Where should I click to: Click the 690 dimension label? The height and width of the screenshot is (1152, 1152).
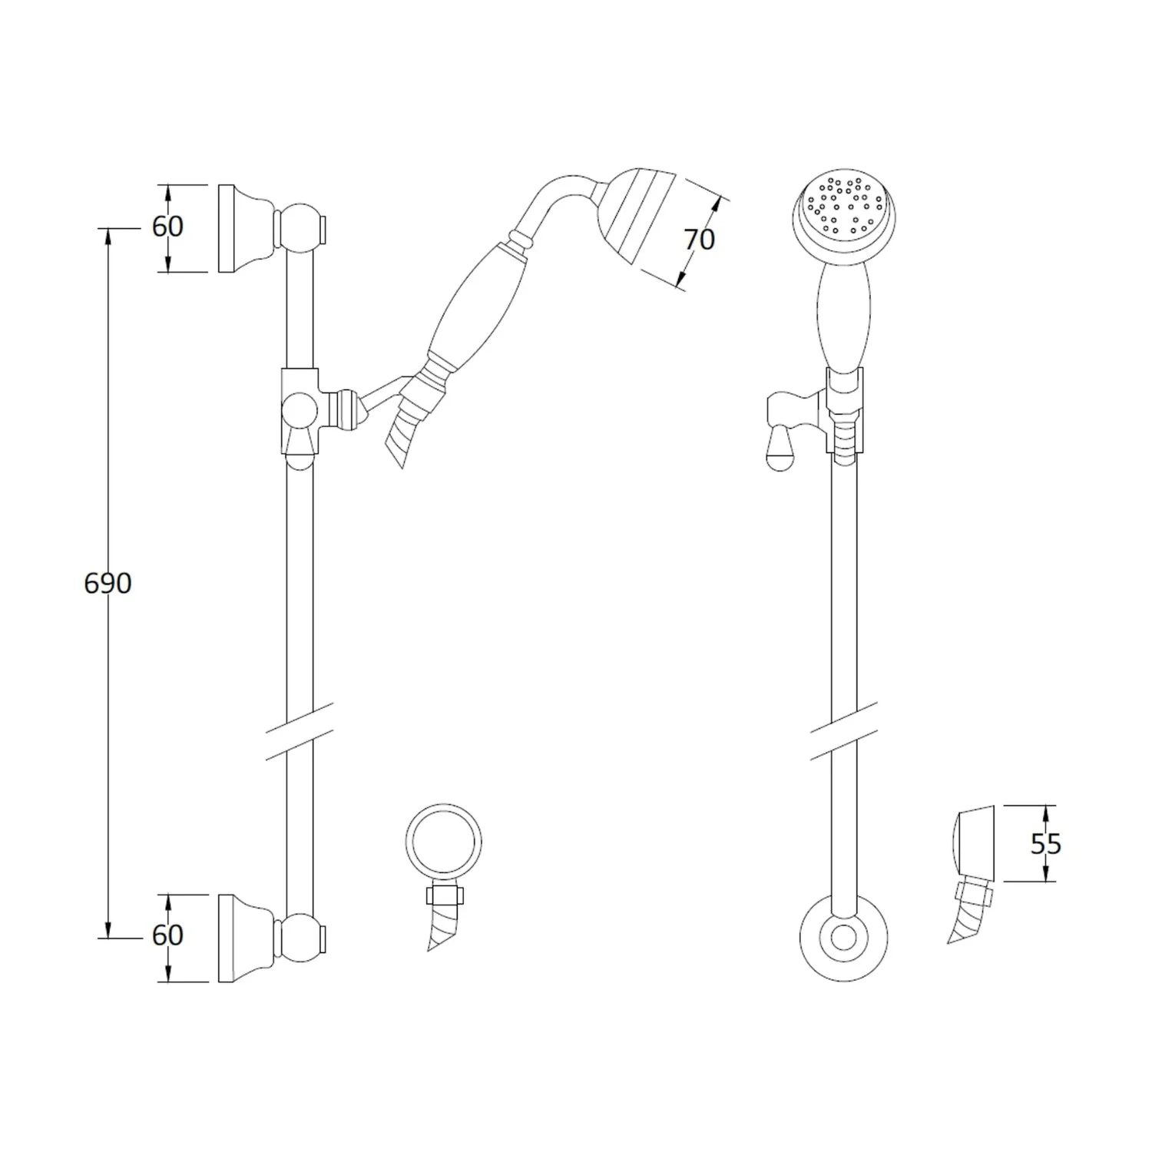click(108, 584)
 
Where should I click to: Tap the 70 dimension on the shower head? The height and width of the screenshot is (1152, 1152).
click(700, 240)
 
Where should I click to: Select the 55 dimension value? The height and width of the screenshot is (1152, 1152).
click(1045, 844)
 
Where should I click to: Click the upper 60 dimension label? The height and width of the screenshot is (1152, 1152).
click(167, 227)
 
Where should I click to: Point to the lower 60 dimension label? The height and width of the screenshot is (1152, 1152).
click(167, 935)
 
